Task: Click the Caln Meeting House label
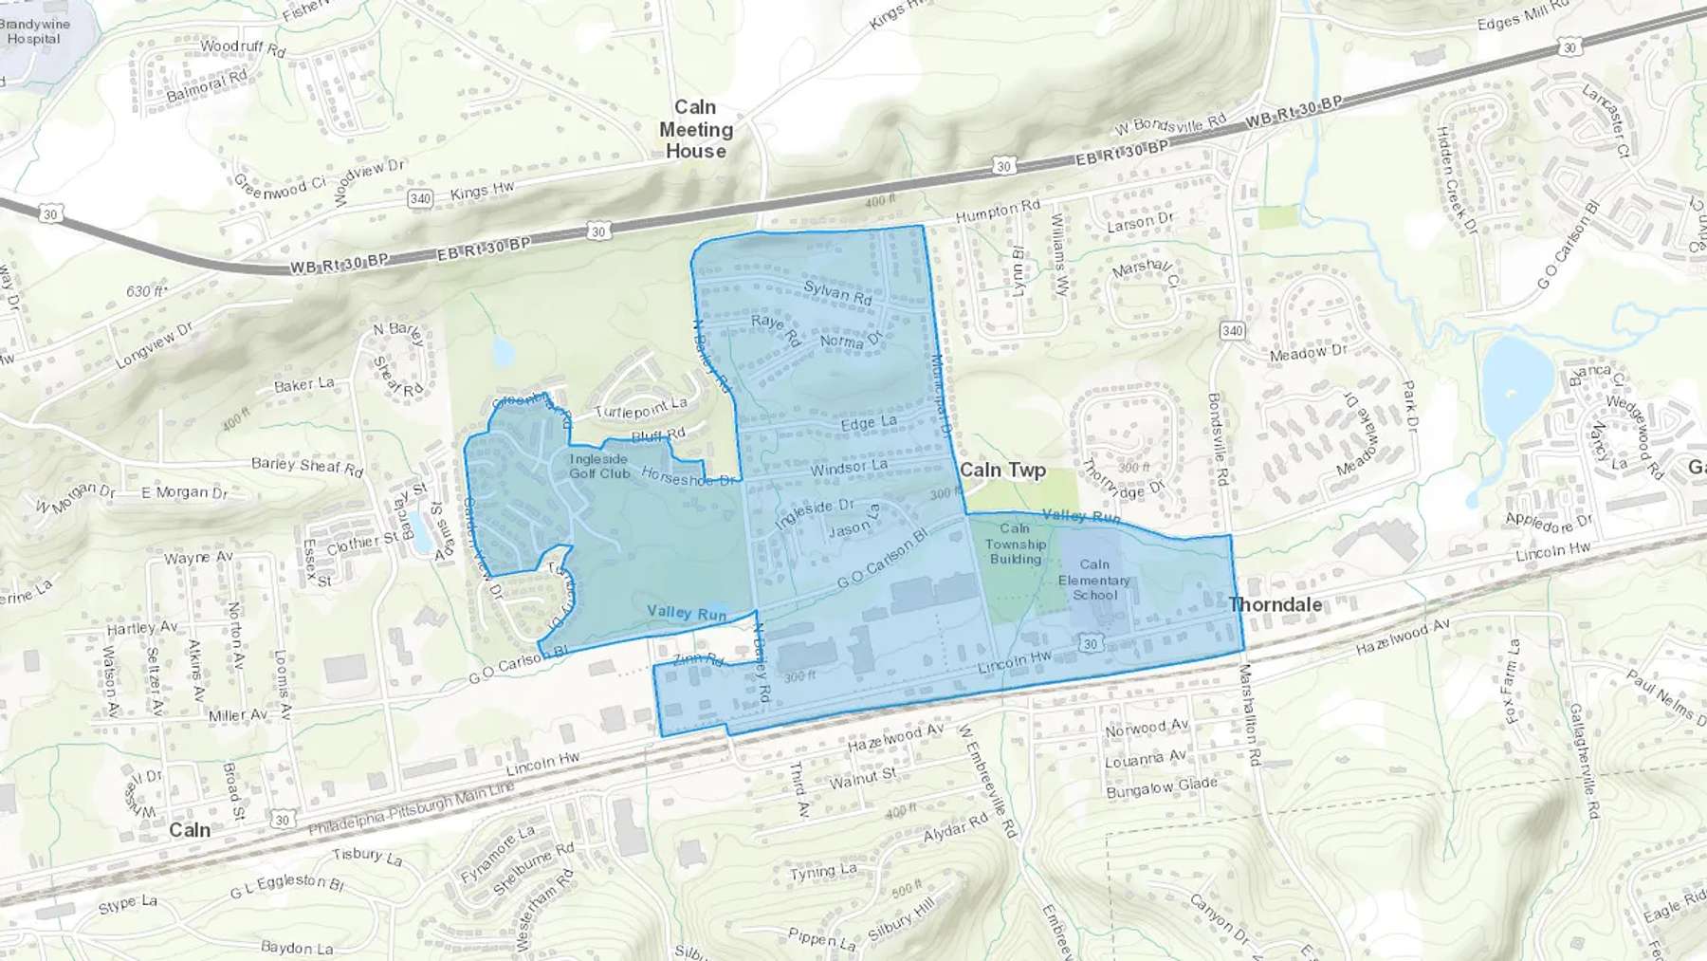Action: (x=696, y=129)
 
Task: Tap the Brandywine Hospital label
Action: (x=35, y=31)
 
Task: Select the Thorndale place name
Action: (x=1275, y=604)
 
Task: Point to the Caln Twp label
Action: (x=1002, y=470)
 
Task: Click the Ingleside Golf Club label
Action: (x=599, y=466)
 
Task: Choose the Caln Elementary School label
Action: (x=1094, y=580)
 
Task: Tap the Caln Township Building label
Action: (x=1015, y=544)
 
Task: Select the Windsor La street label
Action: (x=849, y=467)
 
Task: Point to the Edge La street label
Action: (x=869, y=423)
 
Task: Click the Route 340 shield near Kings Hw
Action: (x=420, y=198)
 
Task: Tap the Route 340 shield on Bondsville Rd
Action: (x=1232, y=331)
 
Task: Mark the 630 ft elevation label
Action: (x=147, y=291)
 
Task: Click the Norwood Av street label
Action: (x=1147, y=729)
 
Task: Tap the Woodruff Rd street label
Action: (x=243, y=47)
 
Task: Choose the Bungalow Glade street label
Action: (x=1162, y=787)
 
